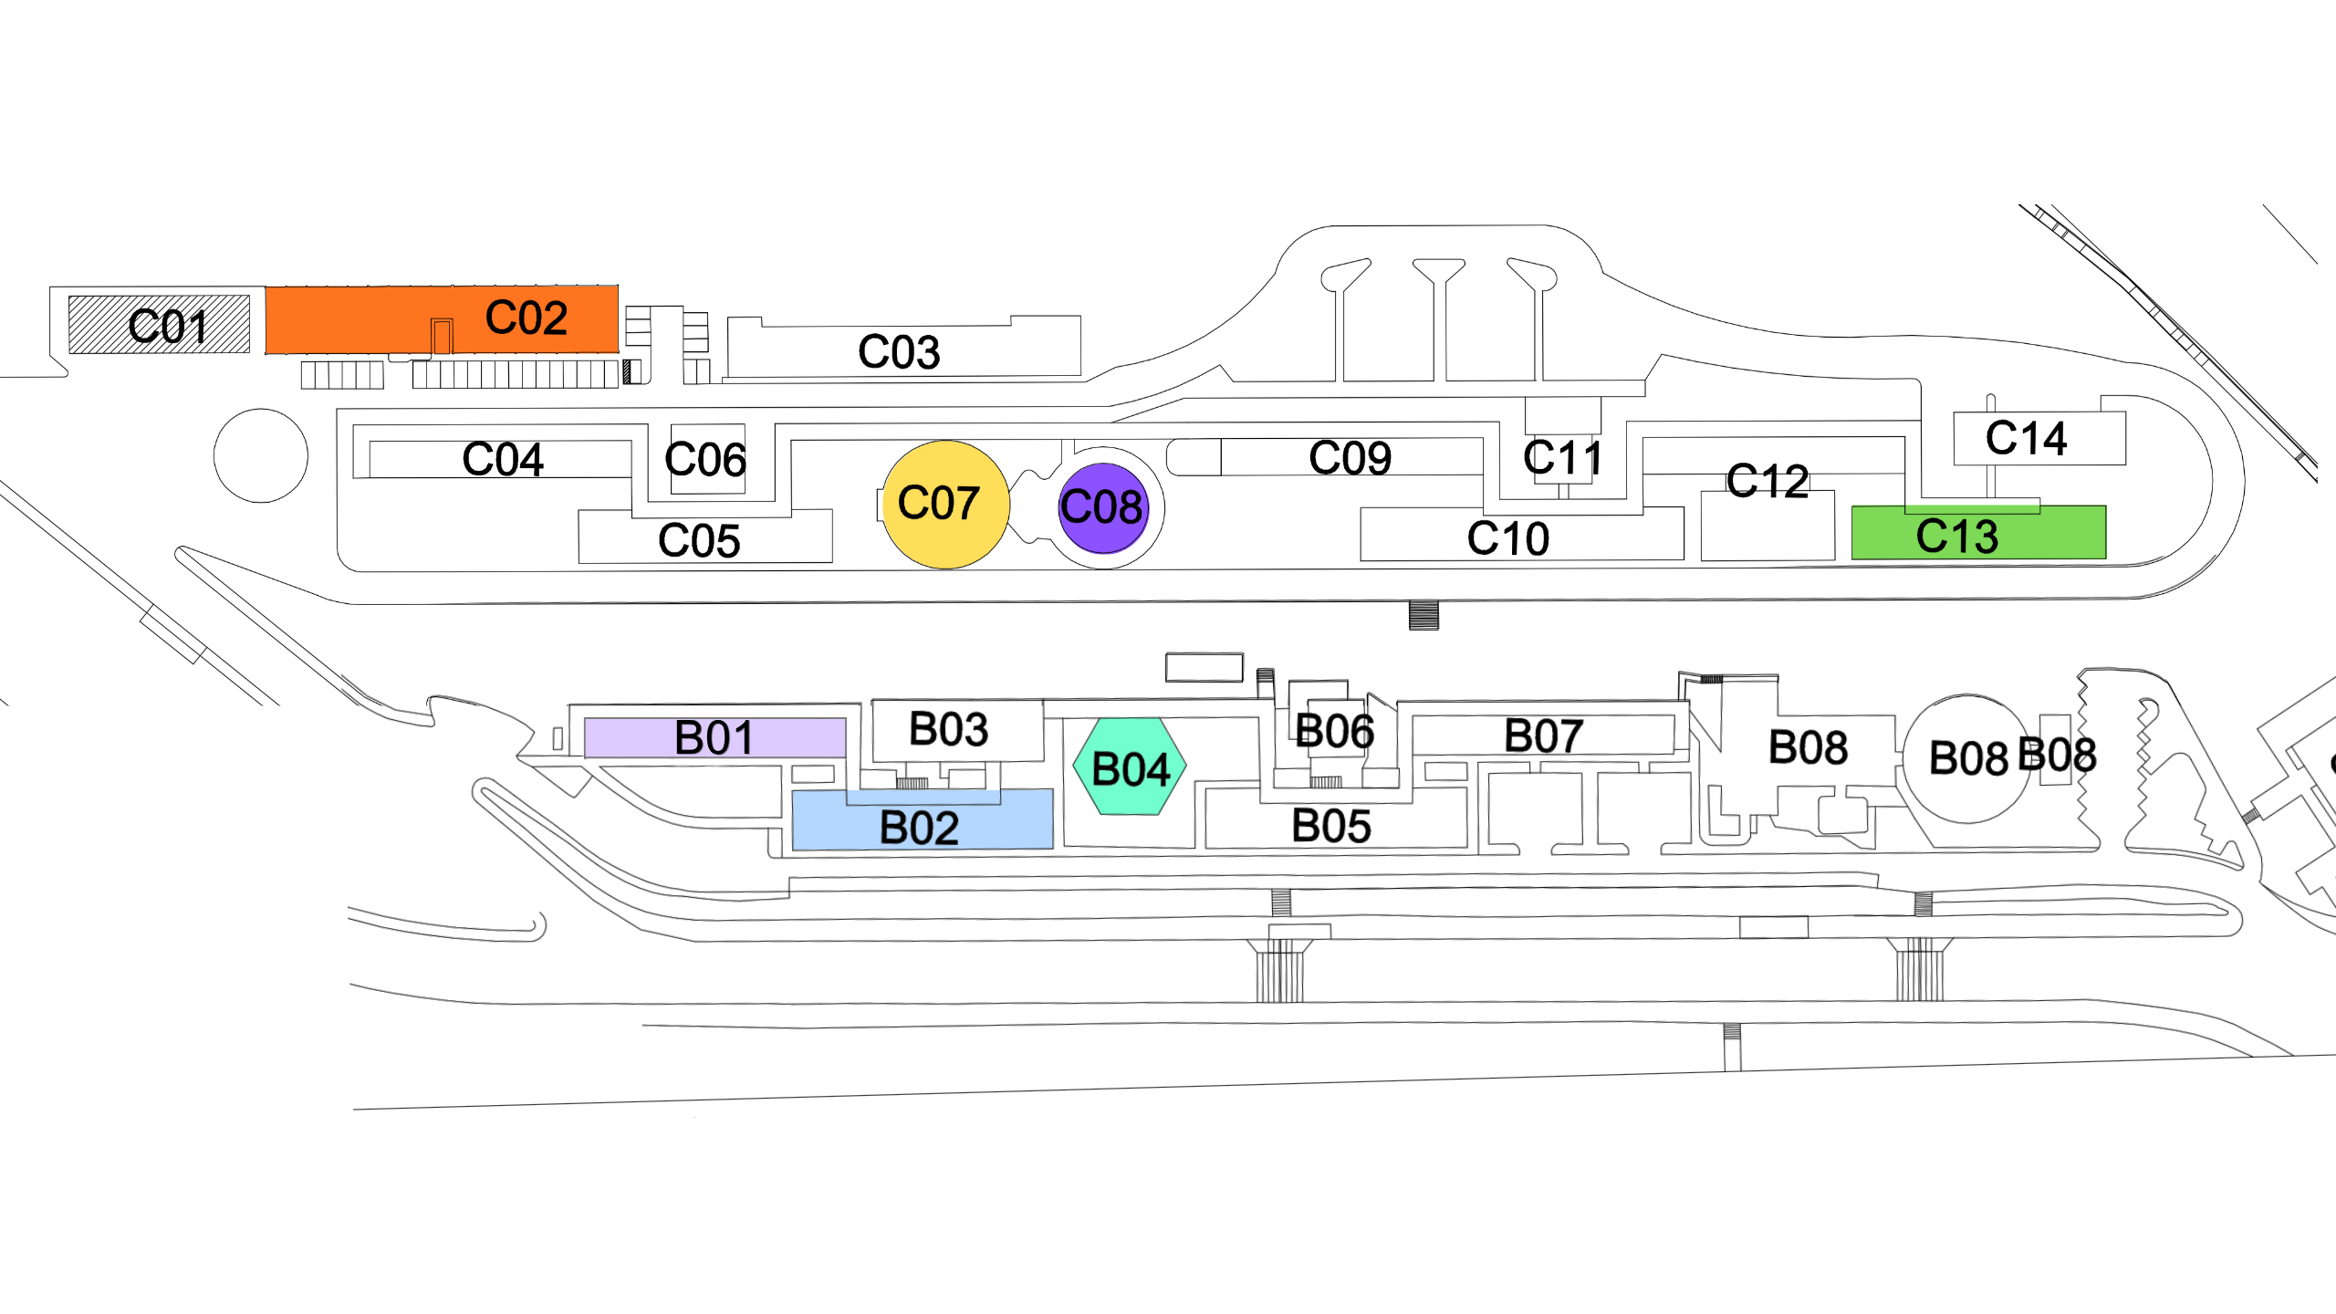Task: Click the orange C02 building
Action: point(442,318)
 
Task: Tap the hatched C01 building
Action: point(160,324)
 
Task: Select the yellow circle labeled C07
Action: point(945,504)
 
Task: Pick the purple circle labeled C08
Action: point(1102,507)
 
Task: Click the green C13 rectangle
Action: point(1978,534)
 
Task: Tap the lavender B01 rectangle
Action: point(714,737)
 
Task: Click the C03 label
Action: point(899,351)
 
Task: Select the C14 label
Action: point(2026,438)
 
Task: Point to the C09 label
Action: point(1350,457)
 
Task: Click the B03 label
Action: point(949,729)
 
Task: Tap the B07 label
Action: point(1543,735)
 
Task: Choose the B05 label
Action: point(1331,826)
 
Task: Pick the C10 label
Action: point(1507,537)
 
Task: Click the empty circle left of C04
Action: point(261,455)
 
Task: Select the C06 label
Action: point(705,459)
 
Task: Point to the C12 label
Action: point(1768,481)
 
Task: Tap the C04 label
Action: point(503,459)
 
